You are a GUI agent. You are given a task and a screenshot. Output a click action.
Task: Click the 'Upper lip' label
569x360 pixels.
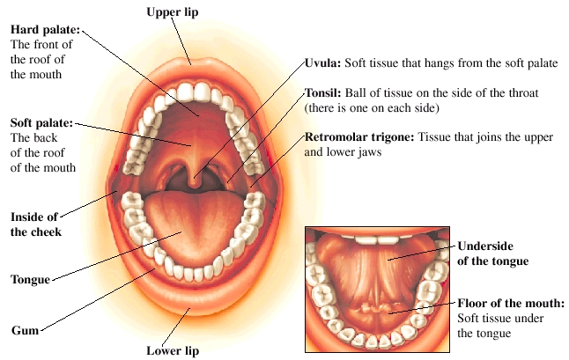pos(173,11)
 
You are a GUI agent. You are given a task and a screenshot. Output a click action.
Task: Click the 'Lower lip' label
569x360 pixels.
pos(173,350)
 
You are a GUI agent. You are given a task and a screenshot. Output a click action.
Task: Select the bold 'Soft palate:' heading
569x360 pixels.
pos(41,122)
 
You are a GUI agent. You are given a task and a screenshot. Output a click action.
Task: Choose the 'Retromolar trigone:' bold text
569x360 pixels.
pos(359,137)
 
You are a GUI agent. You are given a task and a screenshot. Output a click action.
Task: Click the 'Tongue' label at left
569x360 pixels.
pos(31,281)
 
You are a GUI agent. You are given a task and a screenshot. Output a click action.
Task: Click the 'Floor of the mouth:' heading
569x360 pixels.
pos(511,303)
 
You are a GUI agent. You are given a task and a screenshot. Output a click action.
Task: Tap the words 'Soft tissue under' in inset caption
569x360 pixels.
pos(499,318)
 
